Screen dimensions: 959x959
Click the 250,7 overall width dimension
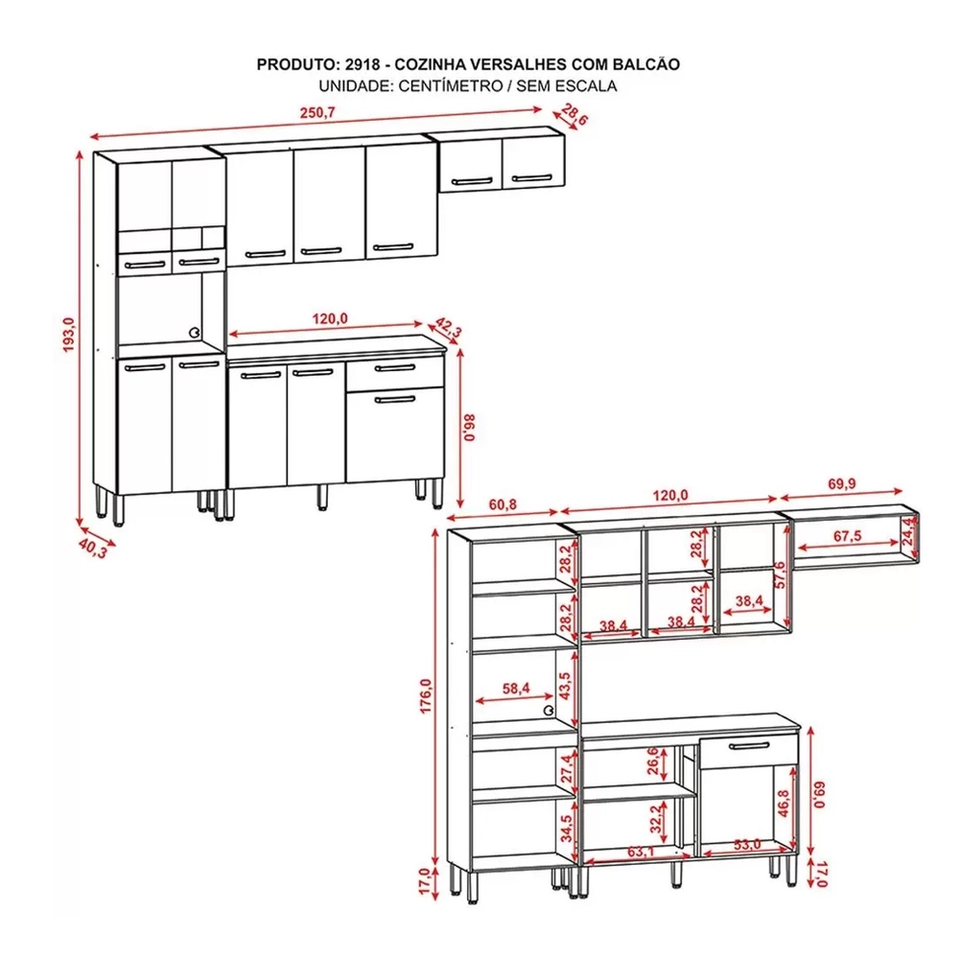[317, 113]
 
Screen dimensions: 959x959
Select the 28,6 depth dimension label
[573, 114]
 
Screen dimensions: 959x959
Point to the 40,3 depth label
[93, 549]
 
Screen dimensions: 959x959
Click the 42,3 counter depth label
[448, 329]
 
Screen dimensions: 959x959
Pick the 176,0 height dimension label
[426, 695]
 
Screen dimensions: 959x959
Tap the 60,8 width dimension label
[503, 504]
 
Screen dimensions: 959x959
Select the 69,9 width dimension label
[842, 483]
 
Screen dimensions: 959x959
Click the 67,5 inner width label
[847, 536]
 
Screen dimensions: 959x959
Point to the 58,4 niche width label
[516, 689]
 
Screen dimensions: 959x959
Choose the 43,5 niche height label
[565, 687]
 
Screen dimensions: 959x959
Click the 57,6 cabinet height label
[779, 574]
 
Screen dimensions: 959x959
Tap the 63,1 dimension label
[641, 851]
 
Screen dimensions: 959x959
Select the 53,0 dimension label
[747, 845]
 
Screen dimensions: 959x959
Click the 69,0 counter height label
[820, 794]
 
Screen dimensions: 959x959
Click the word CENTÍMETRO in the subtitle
[450, 85]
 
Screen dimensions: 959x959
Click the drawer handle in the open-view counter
[748, 745]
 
